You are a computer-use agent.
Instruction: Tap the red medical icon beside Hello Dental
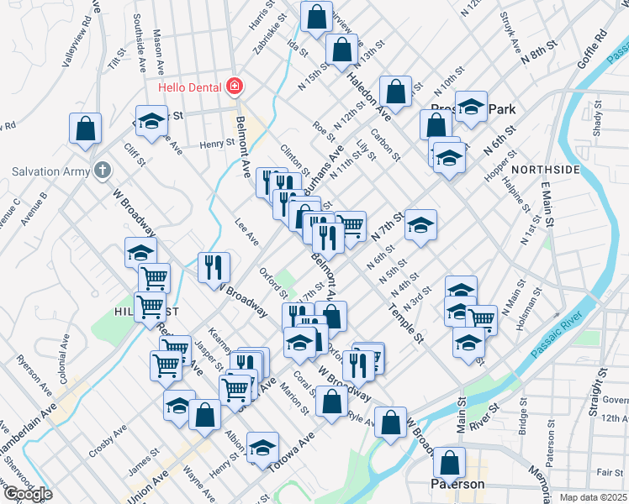pyautogui.click(x=235, y=87)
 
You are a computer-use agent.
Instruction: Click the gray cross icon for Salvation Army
pyautogui.click(x=103, y=171)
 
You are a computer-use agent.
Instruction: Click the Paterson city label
pyautogui.click(x=456, y=485)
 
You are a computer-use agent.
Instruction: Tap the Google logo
pyautogui.click(x=28, y=494)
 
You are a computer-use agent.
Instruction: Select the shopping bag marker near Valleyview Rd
pyautogui.click(x=86, y=129)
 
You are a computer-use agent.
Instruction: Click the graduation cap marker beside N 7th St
pyautogui.click(x=420, y=225)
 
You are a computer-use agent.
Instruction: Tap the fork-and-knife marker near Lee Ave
pyautogui.click(x=214, y=267)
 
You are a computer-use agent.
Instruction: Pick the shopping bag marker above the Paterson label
pyautogui.click(x=450, y=462)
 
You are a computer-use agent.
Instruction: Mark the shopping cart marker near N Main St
pyautogui.click(x=481, y=319)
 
